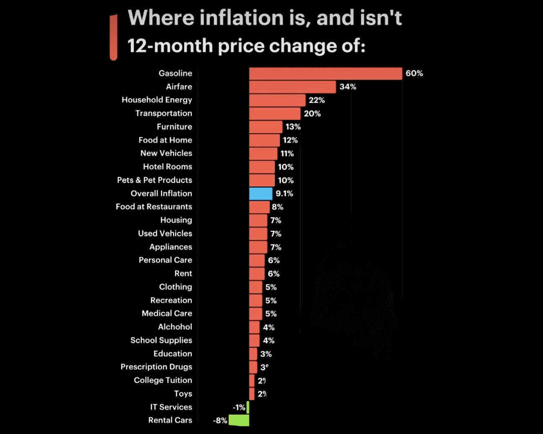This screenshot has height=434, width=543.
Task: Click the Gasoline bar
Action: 325,73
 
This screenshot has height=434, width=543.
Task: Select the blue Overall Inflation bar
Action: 260,194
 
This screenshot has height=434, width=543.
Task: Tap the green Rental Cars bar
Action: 239,420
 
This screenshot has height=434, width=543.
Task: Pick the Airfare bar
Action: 292,87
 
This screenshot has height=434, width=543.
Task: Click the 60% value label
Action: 414,73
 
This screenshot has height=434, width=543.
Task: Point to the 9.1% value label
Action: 284,194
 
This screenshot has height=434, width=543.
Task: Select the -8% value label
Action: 220,421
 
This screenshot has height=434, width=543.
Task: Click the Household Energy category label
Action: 157,100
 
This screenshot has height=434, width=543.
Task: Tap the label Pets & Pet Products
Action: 154,180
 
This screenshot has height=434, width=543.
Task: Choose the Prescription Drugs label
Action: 156,367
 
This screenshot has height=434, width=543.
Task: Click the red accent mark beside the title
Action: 113,37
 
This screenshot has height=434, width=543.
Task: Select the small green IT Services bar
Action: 248,407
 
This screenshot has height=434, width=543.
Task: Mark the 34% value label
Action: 347,87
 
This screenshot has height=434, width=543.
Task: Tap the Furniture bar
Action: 265,127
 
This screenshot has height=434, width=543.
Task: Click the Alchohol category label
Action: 175,327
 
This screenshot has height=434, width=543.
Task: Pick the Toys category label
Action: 183,394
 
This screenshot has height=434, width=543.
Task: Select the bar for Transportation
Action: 274,114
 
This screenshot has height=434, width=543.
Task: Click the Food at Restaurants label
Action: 154,207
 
